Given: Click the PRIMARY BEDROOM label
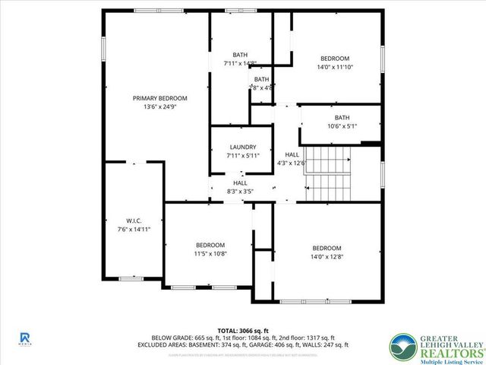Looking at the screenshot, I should [159, 98].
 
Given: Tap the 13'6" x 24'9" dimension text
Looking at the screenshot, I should [159, 107].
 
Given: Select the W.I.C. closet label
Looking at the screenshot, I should [125, 221].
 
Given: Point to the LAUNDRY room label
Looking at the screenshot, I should [242, 147].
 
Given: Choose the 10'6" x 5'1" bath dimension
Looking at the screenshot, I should [342, 126].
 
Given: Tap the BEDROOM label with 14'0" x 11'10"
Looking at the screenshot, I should [334, 59].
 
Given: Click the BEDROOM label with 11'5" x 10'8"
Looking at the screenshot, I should [210, 245].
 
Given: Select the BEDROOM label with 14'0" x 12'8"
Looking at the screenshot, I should [327, 249].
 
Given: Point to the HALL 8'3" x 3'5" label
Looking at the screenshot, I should [240, 183].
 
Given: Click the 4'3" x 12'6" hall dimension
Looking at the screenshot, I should [292, 163].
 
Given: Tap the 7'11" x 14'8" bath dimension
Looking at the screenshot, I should [240, 63].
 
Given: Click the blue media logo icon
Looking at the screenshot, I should [25, 337].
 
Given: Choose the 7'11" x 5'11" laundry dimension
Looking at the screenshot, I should [242, 155].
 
